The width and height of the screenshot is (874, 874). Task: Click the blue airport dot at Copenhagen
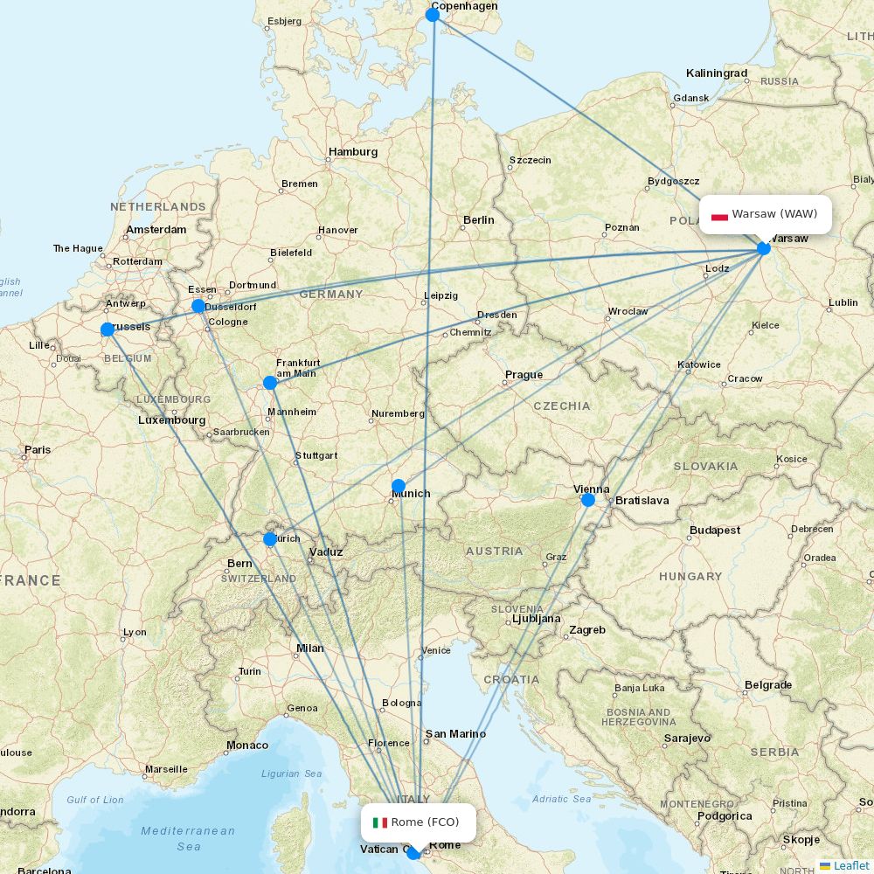[432, 15]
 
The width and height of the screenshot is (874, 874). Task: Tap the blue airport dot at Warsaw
[764, 248]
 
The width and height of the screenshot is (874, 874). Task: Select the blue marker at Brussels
[108, 329]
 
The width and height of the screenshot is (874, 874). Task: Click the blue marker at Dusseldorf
[198, 306]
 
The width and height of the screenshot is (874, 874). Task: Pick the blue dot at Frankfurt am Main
[270, 383]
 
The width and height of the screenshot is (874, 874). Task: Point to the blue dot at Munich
[399, 486]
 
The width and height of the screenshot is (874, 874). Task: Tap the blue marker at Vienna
[588, 500]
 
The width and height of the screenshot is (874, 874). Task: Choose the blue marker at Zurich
[270, 539]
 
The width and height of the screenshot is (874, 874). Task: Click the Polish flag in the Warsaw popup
[719, 215]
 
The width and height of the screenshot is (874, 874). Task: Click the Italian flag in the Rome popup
[380, 822]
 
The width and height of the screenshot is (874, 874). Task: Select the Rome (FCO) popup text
[425, 822]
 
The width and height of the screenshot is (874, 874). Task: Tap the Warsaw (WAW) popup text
[774, 214]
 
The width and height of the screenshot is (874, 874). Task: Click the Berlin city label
[479, 220]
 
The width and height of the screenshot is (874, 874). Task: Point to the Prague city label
[524, 375]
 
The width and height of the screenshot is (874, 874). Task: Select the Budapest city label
[714, 531]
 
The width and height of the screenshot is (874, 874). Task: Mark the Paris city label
[38, 450]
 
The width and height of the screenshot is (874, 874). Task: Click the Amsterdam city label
[156, 230]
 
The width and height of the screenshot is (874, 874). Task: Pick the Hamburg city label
[353, 152]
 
